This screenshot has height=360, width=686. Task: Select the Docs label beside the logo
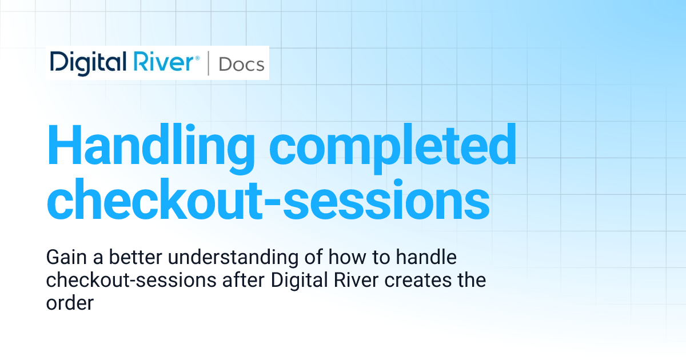pyautogui.click(x=241, y=64)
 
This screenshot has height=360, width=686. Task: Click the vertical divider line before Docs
pyautogui.click(x=208, y=63)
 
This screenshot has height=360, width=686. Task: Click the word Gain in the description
pyautogui.click(x=61, y=258)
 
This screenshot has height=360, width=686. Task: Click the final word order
pyautogui.click(x=69, y=303)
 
